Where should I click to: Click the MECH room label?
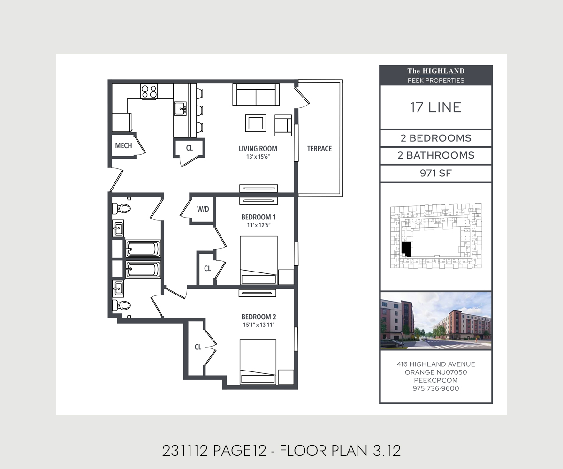[123, 145]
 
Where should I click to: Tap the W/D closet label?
[203, 209]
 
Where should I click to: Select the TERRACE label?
[319, 149]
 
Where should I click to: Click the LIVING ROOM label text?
[258, 149]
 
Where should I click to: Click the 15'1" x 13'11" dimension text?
[258, 325]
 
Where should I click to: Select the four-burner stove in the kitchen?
[150, 91]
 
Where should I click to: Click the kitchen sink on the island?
[181, 109]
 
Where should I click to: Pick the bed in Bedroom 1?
[259, 260]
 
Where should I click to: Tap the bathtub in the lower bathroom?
[143, 270]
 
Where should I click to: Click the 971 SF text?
[435, 174]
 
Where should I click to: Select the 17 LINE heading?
[435, 107]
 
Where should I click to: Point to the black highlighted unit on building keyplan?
[406, 249]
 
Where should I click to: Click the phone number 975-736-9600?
[435, 388]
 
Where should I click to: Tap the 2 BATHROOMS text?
[435, 155]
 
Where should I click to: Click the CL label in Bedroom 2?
[198, 347]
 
